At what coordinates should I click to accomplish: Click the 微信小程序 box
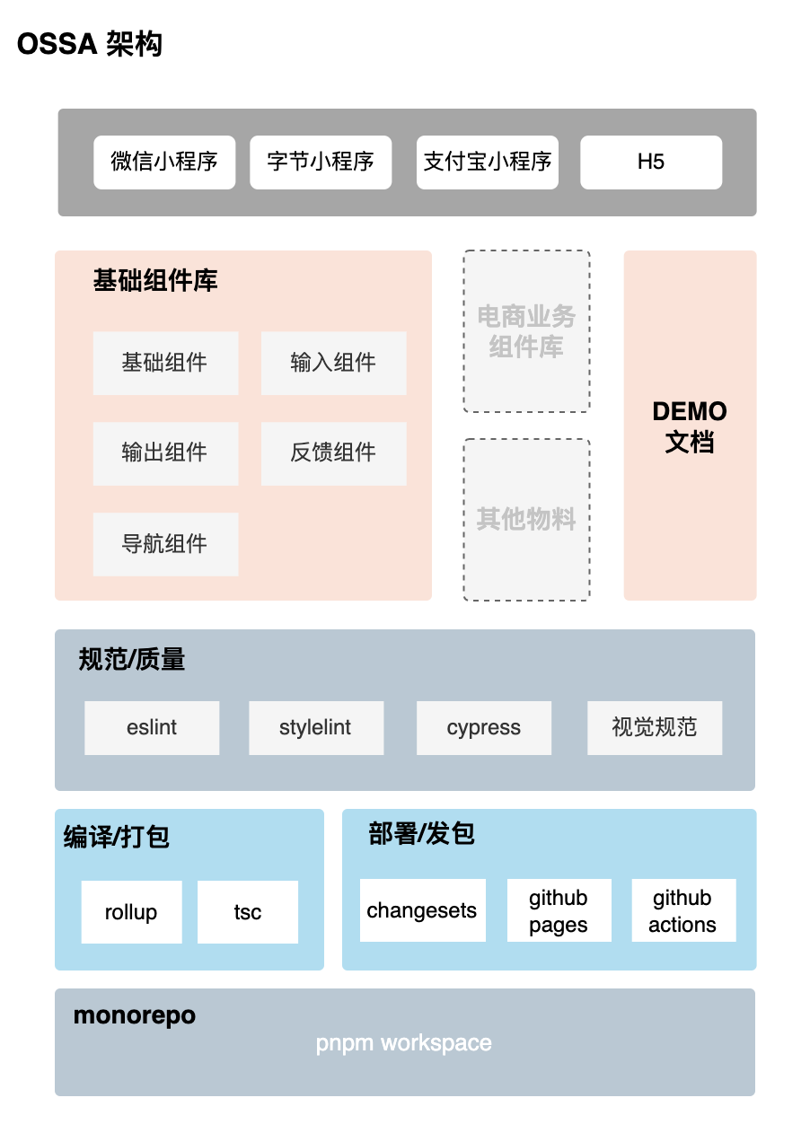[x=164, y=162]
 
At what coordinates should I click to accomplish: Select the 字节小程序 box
[x=321, y=162]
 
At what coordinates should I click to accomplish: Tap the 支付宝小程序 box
[x=488, y=162]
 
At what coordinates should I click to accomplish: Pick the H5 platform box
[x=651, y=162]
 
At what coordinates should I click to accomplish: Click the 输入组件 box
[x=333, y=363]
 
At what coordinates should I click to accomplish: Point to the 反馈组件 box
[x=333, y=453]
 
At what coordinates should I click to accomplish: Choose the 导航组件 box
[x=165, y=544]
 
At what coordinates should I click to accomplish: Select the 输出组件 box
[x=165, y=453]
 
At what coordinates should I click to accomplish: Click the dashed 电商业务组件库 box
[x=526, y=331]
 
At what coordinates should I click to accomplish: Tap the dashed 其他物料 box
[x=526, y=519]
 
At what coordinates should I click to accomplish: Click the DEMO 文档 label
[x=690, y=426]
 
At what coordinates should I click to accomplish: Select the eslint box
[x=152, y=727]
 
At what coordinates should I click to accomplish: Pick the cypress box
[x=484, y=727]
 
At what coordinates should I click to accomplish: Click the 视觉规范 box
[x=655, y=727]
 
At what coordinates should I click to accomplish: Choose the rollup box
[x=131, y=912]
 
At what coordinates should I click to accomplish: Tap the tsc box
[x=248, y=912]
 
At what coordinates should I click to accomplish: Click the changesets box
[x=422, y=910]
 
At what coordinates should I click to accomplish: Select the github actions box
[x=683, y=910]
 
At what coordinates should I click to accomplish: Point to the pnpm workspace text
[x=404, y=1043]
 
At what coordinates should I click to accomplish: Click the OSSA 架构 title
[x=90, y=44]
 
